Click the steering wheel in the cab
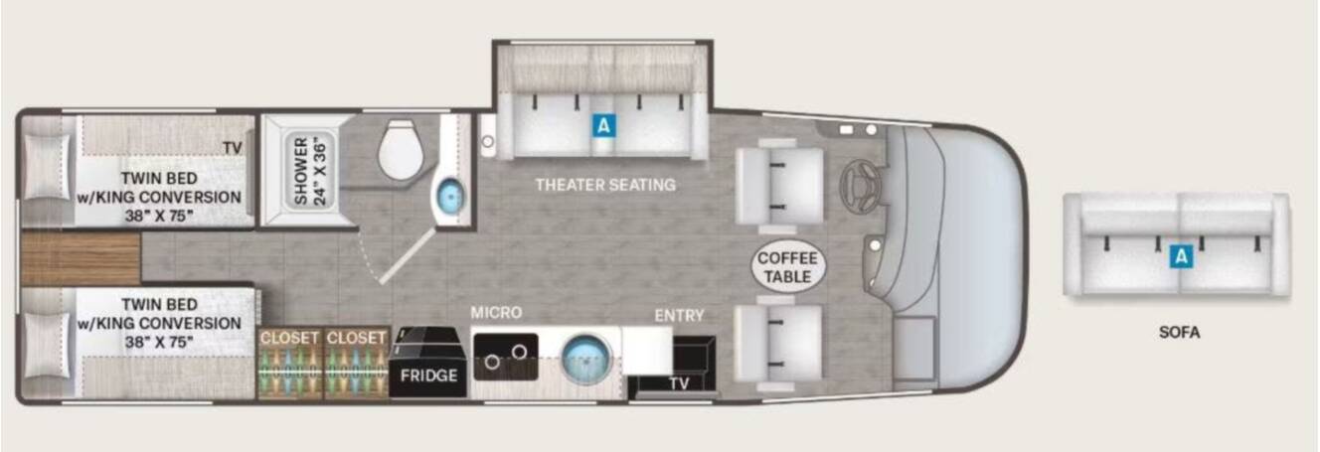(861, 185)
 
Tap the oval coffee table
(788, 267)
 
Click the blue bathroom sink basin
(451, 197)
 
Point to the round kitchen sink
(586, 359)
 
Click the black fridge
(428, 362)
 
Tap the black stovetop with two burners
(506, 357)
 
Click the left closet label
(289, 339)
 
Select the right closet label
(356, 339)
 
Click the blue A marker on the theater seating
(603, 125)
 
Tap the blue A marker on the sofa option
(1181, 257)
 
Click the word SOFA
(1179, 333)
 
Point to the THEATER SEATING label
(605, 185)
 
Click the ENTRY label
(680, 316)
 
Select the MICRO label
(496, 313)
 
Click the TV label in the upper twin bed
(233, 148)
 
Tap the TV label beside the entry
(679, 383)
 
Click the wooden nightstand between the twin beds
(81, 258)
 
